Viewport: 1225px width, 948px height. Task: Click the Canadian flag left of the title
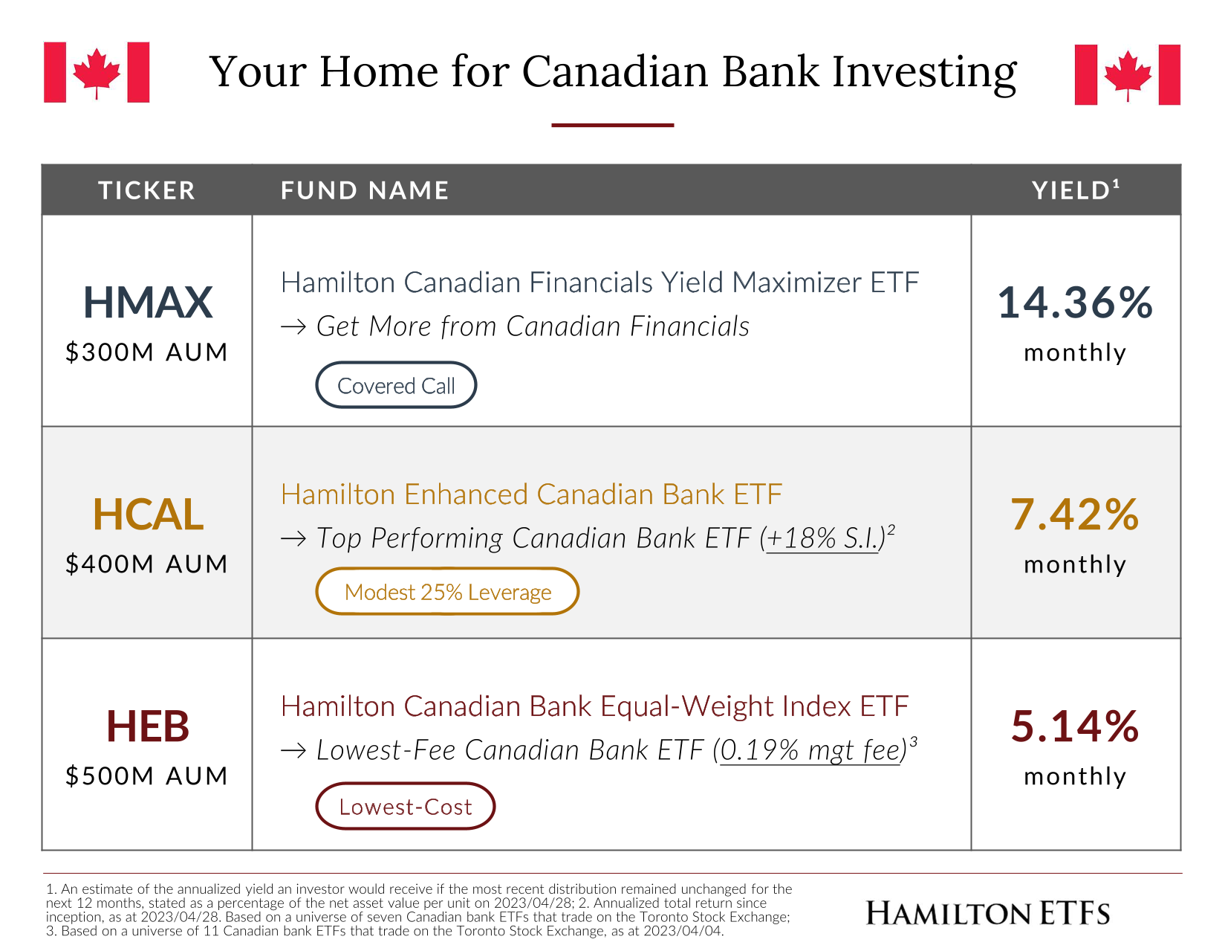pos(97,72)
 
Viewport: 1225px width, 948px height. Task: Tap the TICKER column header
pos(146,190)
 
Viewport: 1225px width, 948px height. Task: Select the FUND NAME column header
pos(364,190)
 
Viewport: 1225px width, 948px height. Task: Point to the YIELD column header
pos(1074,190)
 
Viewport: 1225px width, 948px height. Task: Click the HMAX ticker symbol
pos(148,303)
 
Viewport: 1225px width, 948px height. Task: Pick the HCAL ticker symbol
pos(148,514)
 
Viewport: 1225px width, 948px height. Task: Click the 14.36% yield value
pos(1074,303)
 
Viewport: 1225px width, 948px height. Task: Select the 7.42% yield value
pos(1074,514)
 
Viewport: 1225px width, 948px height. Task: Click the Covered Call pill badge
pos(396,384)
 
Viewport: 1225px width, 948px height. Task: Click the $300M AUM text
pos(146,352)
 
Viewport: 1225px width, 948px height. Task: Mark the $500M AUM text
pos(146,776)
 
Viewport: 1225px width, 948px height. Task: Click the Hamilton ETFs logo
pos(987,913)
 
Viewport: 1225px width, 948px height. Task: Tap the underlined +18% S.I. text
pos(822,538)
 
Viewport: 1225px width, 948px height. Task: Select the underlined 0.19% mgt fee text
pos(810,750)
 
